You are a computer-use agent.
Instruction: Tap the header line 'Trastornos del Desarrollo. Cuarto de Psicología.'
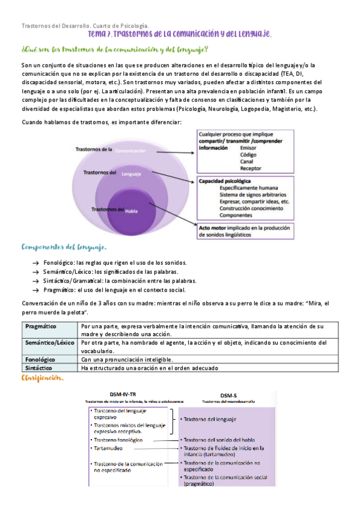coord(85,26)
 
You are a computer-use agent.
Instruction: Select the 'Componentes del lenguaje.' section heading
coord(64,247)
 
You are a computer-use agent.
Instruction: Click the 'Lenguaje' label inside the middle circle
coord(131,174)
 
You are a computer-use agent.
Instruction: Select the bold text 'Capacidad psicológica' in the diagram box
coord(225,181)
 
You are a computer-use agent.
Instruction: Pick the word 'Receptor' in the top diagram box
coord(250,168)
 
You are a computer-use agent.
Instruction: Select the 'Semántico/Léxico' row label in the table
coord(50,343)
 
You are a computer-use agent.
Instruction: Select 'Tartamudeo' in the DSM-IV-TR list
coord(108,449)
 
